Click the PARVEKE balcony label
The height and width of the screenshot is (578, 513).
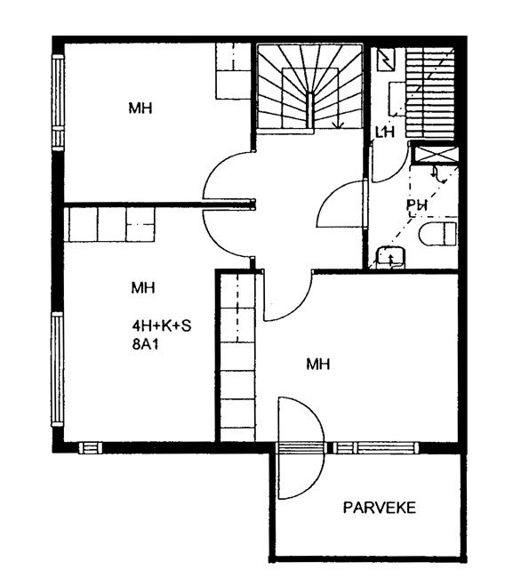[x=380, y=508]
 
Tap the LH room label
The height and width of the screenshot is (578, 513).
[x=385, y=132]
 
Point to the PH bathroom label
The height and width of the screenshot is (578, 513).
[x=417, y=205]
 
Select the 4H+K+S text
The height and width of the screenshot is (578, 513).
[x=162, y=325]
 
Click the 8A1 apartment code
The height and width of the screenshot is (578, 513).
[x=145, y=344]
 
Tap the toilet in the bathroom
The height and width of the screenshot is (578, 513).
[x=437, y=234]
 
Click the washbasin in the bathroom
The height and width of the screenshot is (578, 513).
[x=390, y=257]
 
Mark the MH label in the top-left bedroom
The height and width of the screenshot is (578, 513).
[x=140, y=108]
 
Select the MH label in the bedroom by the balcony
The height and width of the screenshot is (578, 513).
[x=318, y=365]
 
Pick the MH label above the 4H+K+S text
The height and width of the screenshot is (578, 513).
[x=143, y=287]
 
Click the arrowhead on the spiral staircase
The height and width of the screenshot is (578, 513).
[x=338, y=125]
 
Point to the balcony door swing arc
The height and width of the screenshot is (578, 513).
[x=324, y=448]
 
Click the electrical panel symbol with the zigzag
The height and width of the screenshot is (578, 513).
[x=386, y=60]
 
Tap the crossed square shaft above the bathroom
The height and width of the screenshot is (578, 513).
[x=435, y=154]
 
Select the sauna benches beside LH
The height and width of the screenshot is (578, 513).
[x=429, y=92]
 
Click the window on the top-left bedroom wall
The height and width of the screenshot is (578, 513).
[x=58, y=102]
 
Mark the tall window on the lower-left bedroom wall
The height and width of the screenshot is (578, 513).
[x=58, y=369]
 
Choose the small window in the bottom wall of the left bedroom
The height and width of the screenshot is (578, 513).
[x=91, y=448]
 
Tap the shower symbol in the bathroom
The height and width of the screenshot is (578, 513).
[x=438, y=175]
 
